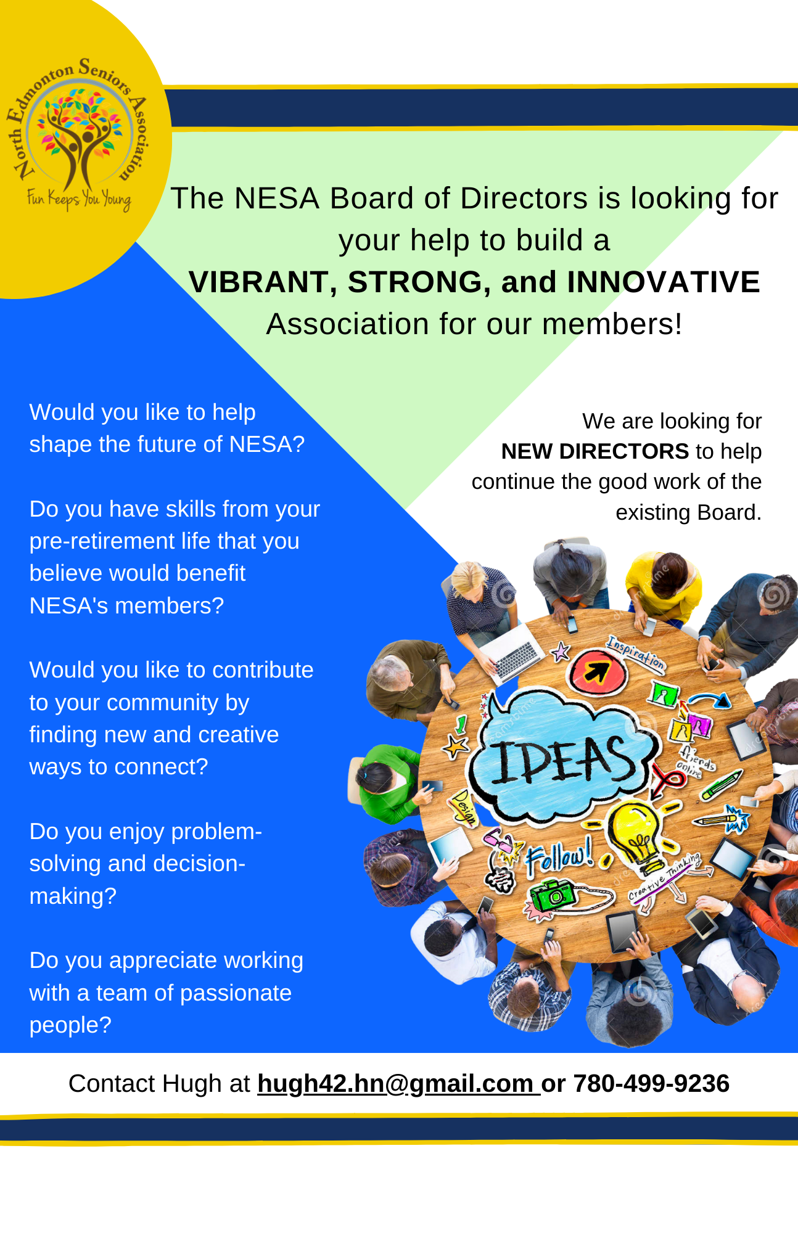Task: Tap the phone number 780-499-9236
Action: (x=651, y=1084)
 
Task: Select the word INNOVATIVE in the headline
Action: (x=664, y=282)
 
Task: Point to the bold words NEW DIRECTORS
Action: (x=594, y=451)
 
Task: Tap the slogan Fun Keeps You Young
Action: (x=78, y=199)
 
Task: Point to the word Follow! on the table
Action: (x=559, y=856)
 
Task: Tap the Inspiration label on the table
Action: (x=636, y=652)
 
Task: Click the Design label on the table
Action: (x=464, y=806)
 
